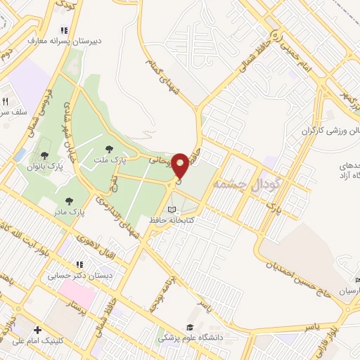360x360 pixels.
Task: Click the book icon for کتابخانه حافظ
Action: pyautogui.click(x=173, y=210)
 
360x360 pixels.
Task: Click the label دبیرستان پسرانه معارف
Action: pyautogui.click(x=65, y=41)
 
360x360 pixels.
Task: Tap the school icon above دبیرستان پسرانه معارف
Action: pyautogui.click(x=64, y=30)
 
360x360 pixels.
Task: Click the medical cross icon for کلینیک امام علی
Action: pyautogui.click(x=37, y=330)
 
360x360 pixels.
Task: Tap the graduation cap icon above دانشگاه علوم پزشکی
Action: pyautogui.click(x=190, y=327)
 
